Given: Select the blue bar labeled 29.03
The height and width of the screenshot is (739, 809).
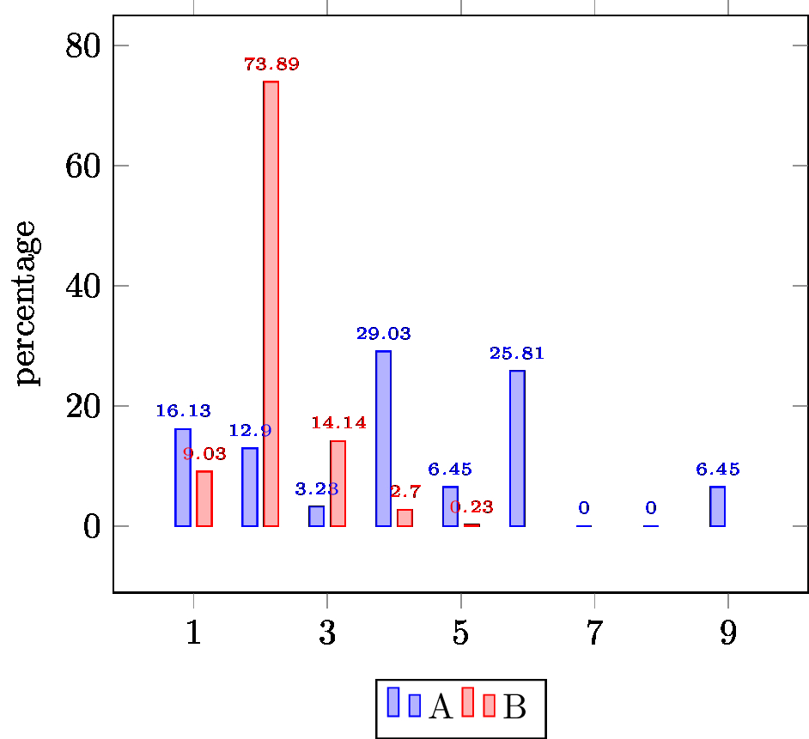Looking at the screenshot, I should [383, 438].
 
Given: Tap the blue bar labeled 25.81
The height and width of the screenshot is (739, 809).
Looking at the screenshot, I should [517, 448].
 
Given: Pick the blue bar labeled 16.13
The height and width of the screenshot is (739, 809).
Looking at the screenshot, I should [183, 477].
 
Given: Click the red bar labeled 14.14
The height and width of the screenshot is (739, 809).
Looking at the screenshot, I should [338, 483].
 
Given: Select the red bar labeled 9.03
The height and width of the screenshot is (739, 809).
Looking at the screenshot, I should [204, 498].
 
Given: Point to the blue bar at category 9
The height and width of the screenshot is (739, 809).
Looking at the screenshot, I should [717, 506].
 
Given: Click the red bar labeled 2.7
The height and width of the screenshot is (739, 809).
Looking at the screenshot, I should [404, 518].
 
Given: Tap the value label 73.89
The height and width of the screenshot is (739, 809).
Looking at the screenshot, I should [271, 64].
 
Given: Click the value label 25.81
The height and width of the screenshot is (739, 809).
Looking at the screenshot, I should [517, 354].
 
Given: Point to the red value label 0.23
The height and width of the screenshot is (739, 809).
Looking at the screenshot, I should [471, 507].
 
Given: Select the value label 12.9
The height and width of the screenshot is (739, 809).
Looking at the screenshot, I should [250, 431].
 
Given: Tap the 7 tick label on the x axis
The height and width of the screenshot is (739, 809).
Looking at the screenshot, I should [593, 634].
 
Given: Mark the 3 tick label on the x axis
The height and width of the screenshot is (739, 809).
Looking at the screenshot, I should [327, 634].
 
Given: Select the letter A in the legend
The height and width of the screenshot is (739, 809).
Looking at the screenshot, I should [441, 707].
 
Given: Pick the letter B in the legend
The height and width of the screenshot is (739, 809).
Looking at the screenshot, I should [514, 707].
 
